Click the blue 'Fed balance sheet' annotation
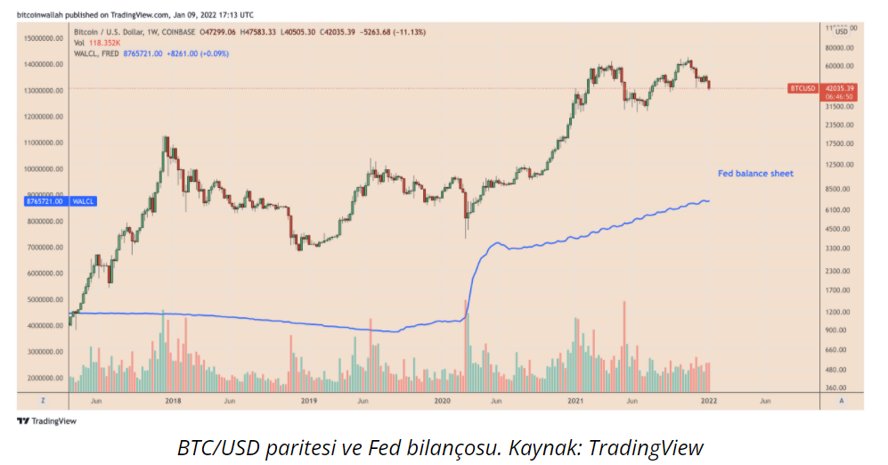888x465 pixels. (755, 173)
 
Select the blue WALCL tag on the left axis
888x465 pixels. (84, 201)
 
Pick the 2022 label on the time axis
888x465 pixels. (709, 401)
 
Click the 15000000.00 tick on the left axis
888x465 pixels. (44, 38)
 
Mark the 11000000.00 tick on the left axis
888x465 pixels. (44, 143)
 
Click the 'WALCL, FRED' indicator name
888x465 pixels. (97, 53)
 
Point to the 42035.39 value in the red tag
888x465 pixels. (840, 87)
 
